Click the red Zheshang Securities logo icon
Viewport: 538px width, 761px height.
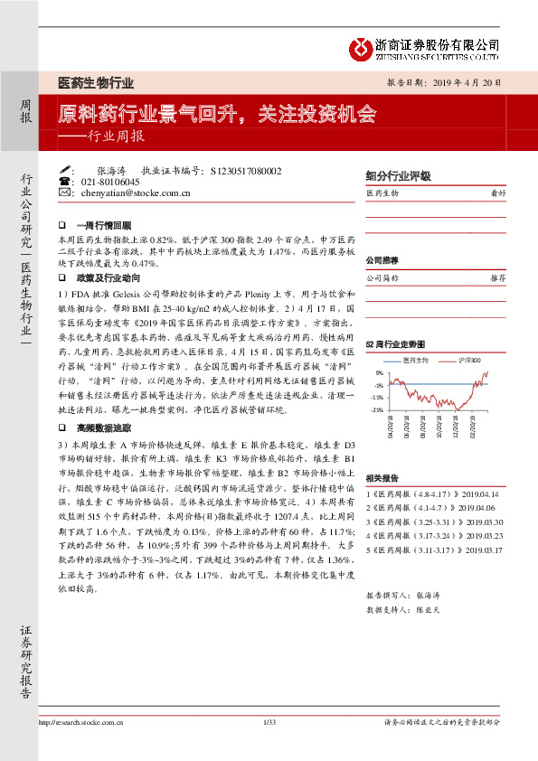[360, 46]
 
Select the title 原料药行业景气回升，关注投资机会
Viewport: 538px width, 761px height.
[217, 116]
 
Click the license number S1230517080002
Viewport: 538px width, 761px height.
[246, 170]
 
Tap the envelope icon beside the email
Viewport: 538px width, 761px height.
[65, 193]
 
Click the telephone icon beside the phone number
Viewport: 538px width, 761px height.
[65, 182]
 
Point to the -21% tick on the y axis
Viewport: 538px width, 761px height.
[377, 409]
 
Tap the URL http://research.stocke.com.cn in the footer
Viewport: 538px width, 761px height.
[81, 747]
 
